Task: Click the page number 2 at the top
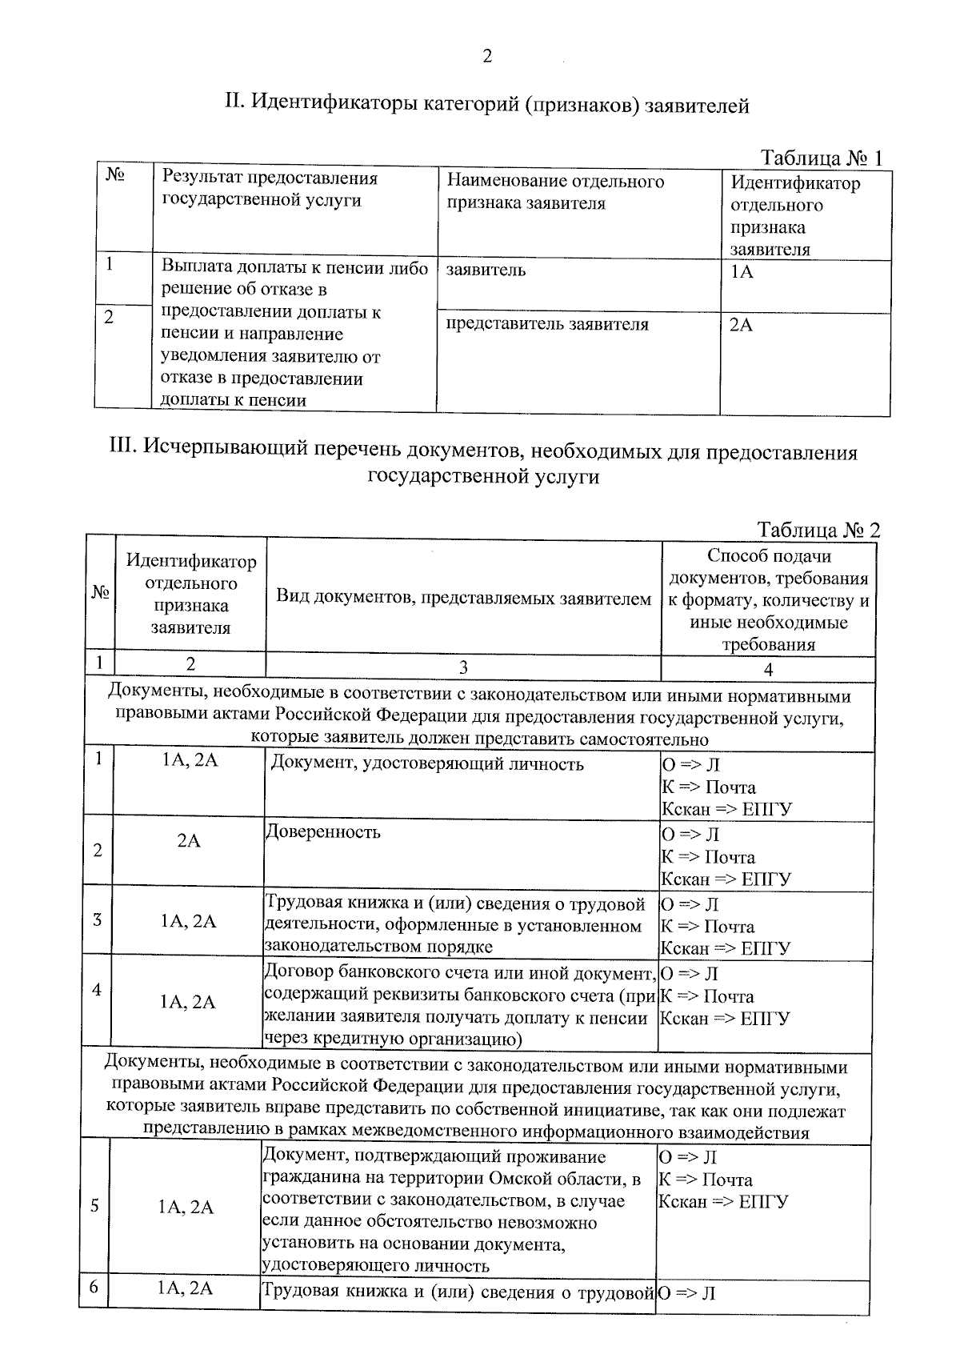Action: point(486,56)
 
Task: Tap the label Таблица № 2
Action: point(818,530)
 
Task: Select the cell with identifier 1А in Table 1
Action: point(742,271)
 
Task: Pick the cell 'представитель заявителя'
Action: point(547,324)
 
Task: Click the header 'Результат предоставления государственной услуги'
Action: point(270,189)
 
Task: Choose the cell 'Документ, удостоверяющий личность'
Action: point(427,763)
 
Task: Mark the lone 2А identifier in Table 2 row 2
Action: point(189,841)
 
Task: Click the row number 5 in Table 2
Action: point(94,1206)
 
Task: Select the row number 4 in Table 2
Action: point(96,990)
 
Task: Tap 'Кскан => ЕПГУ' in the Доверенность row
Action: point(725,879)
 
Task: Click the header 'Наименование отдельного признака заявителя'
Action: point(555,192)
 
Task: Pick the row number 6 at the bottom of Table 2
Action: point(94,1288)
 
